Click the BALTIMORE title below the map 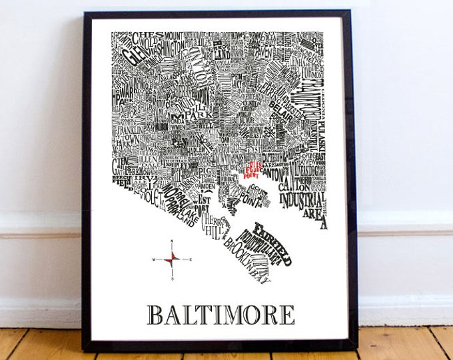pyautogui.click(x=221, y=314)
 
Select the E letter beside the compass pyautogui.click(x=191, y=259)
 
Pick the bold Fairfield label pyautogui.click(x=272, y=235)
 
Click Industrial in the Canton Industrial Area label pyautogui.click(x=301, y=200)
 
